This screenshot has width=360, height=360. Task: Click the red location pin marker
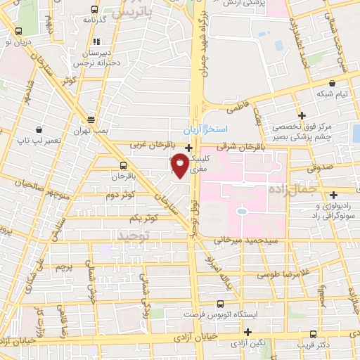[180, 165]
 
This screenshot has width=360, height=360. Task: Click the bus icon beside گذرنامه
[95, 10]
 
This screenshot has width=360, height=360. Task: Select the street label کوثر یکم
[160, 219]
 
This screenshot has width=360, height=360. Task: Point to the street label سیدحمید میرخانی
[233, 240]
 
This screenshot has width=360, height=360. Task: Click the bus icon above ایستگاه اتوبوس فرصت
[221, 304]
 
